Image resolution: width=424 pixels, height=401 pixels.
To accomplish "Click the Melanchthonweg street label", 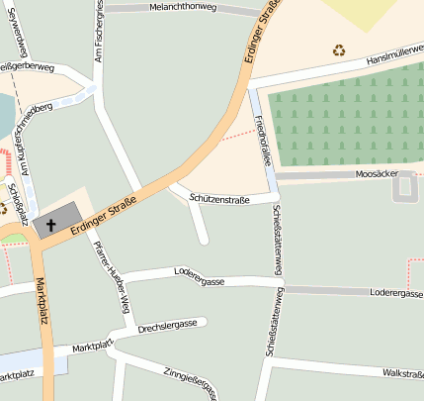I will (184, 7).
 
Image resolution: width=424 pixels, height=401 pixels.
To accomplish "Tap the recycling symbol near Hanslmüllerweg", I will (339, 50).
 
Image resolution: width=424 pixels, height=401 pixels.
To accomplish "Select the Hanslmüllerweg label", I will (391, 58).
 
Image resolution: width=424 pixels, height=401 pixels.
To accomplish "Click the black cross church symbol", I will (51, 226).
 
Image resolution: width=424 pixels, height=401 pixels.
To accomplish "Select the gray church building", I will (61, 220).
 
